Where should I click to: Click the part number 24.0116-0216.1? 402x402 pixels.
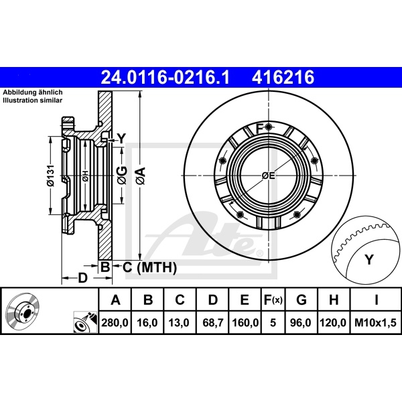pyautogui.click(x=164, y=78)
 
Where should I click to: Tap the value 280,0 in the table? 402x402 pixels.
pyautogui.click(x=114, y=322)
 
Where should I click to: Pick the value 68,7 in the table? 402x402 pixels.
pyautogui.click(x=213, y=322)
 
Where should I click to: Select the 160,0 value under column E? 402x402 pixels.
pyautogui.click(x=245, y=322)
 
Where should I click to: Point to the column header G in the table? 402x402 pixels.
pyautogui.click(x=301, y=300)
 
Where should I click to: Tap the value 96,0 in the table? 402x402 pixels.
pyautogui.click(x=301, y=322)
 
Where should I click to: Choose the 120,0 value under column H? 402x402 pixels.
pyautogui.click(x=333, y=322)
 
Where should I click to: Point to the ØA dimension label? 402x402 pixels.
pyautogui.click(x=140, y=176)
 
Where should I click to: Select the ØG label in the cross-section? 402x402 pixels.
pyautogui.click(x=121, y=176)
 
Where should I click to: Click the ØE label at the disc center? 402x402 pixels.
pyautogui.click(x=268, y=176)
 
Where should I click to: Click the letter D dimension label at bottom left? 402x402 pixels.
pyautogui.click(x=82, y=277)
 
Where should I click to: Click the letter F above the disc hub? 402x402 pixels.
pyautogui.click(x=260, y=127)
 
